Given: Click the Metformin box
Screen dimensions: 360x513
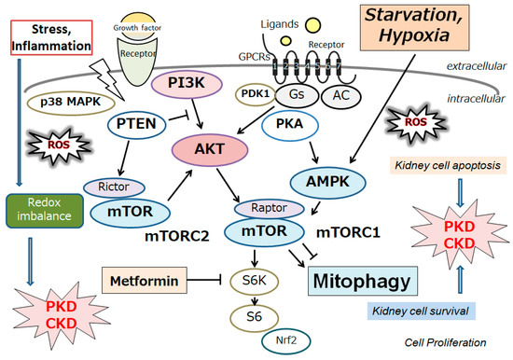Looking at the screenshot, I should pos(134,278).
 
